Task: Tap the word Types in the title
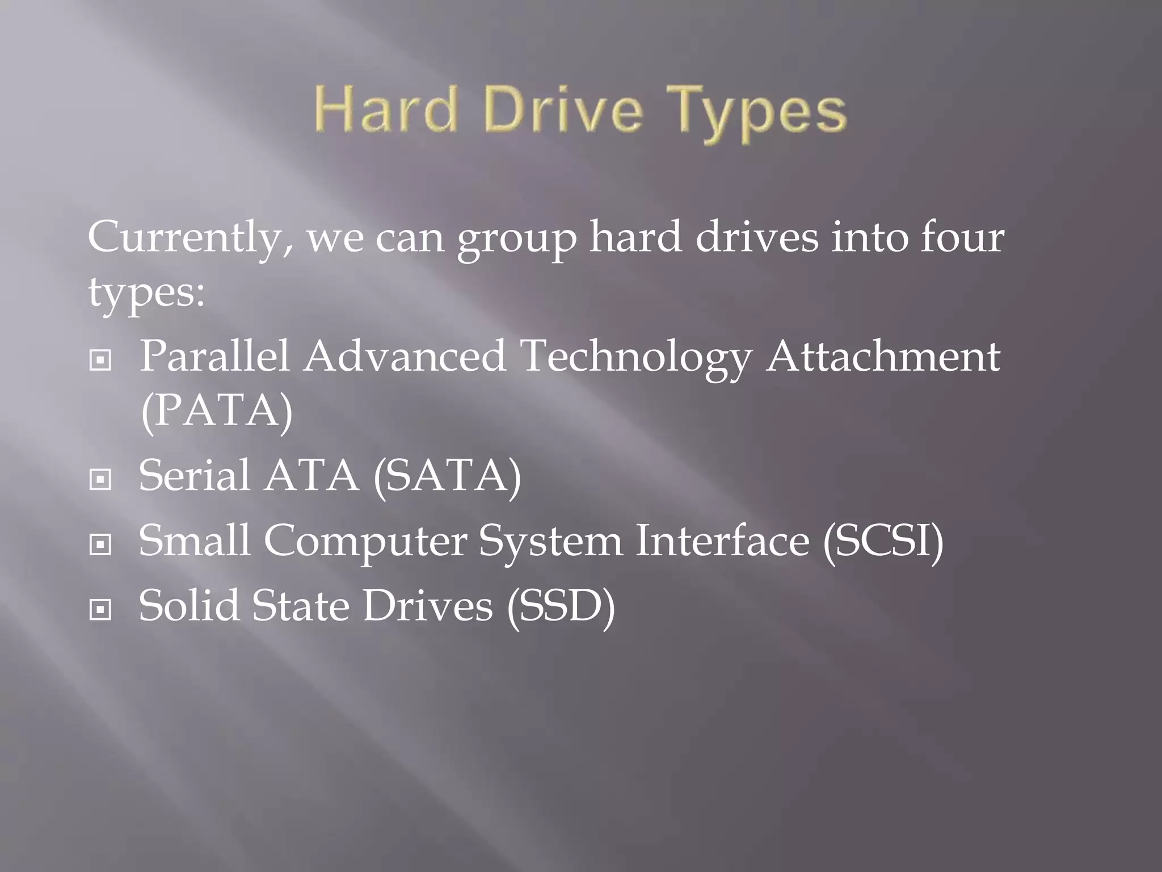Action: pos(760,114)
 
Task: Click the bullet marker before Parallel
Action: pos(100,360)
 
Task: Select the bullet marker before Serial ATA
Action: pos(100,480)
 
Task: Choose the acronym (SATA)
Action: pos(447,477)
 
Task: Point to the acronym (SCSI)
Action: pos(883,542)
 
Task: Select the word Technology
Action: pos(636,358)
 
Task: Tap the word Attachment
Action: pos(883,357)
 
